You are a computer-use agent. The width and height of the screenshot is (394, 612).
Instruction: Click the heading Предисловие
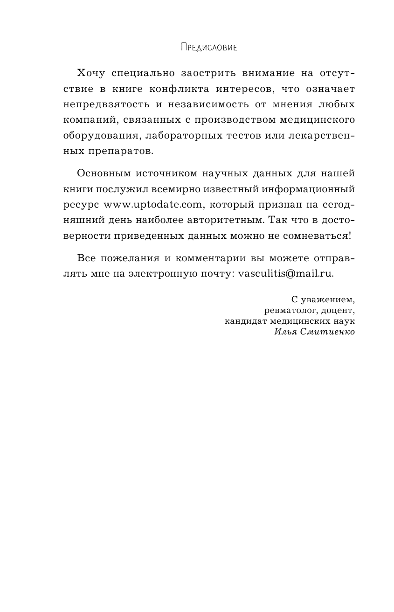(208, 47)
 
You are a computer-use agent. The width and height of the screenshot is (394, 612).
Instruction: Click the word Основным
(103, 173)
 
